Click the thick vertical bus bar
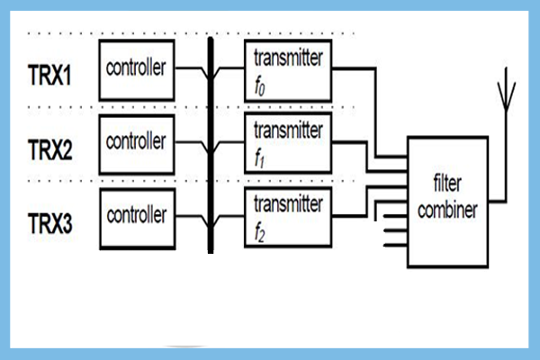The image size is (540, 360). pos(211,144)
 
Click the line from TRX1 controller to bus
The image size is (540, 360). pos(191,68)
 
